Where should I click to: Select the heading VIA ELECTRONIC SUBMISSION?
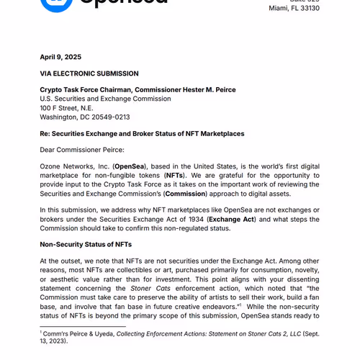click(x=89, y=73)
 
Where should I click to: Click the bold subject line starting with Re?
click(x=142, y=133)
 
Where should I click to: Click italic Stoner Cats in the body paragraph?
click(x=144, y=288)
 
